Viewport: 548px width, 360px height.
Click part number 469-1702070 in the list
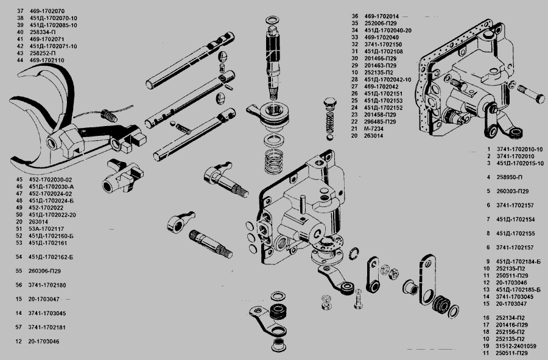[x=46, y=12]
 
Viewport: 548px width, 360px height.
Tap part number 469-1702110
[x=46, y=61]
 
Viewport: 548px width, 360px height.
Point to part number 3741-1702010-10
[x=519, y=149]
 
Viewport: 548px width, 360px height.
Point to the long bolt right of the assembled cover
[x=533, y=94]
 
